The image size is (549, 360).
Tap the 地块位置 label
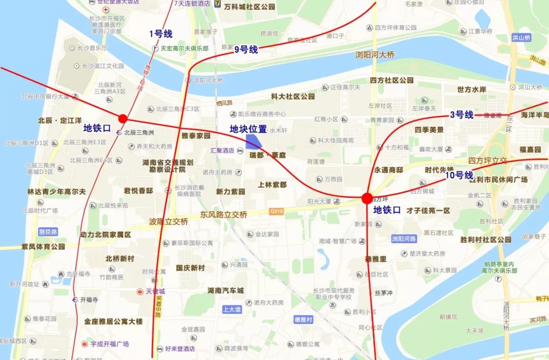click(x=248, y=129)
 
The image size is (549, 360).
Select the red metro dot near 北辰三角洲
click(x=123, y=118)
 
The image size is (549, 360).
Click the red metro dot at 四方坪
click(x=367, y=198)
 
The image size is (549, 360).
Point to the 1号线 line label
click(x=161, y=34)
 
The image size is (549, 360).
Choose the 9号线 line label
click(x=246, y=49)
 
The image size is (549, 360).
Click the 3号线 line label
click(x=461, y=115)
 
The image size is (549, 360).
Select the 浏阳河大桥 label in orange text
click(x=375, y=54)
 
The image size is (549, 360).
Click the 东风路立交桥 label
click(x=224, y=215)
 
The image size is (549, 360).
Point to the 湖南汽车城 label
click(x=225, y=290)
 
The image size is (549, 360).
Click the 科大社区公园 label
click(x=293, y=96)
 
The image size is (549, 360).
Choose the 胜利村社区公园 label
click(x=486, y=239)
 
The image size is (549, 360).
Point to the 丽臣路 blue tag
click(x=48, y=231)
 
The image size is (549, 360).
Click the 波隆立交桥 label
click(x=168, y=222)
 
